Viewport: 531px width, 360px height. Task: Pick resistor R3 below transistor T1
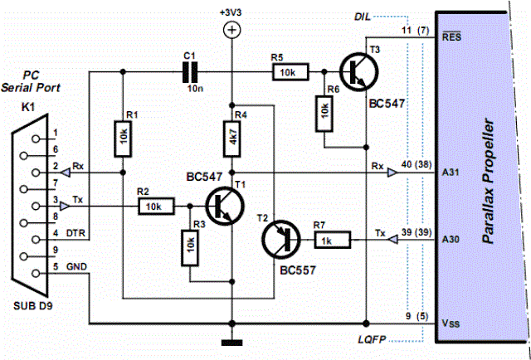point(190,245)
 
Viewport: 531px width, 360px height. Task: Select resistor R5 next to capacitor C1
point(287,73)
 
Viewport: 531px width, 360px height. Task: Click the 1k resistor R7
point(331,241)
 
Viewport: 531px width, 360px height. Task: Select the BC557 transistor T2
point(278,241)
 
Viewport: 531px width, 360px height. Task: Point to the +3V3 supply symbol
point(232,31)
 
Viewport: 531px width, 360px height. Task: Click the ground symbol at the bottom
point(232,342)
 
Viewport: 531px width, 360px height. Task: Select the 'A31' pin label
point(451,173)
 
